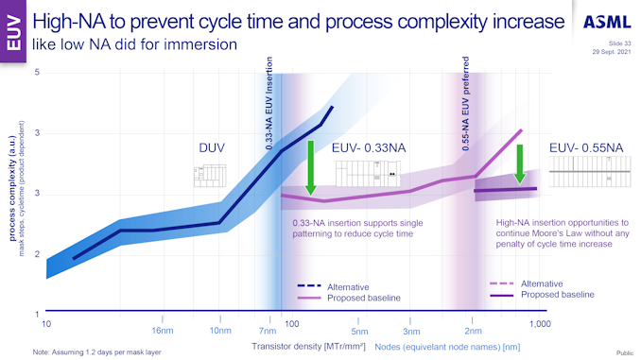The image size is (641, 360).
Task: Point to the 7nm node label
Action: [x=268, y=332]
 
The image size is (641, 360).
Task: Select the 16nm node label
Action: [x=163, y=332]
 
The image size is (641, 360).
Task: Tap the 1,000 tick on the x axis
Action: [x=538, y=324]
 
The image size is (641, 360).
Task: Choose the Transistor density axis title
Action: [x=296, y=348]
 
